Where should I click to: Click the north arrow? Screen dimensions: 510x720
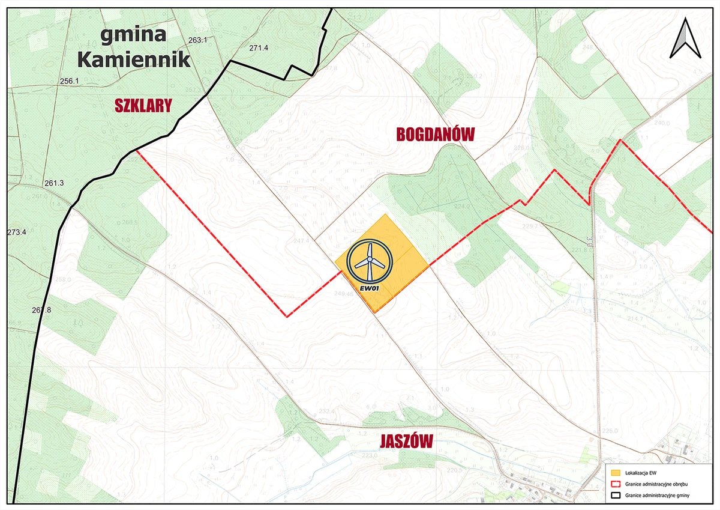pos(686,38)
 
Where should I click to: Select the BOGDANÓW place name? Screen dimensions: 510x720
pos(435,135)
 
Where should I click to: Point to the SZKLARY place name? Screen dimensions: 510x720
pos(143,106)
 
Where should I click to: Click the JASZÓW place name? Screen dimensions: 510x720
pos(406,442)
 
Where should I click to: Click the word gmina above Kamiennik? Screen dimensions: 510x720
pos(133,35)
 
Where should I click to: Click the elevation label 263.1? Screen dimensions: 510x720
pos(197,40)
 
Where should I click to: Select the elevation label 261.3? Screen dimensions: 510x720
pos(54,183)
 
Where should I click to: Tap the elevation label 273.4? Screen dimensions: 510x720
pos(17,232)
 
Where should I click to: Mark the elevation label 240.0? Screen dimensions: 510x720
pos(662,123)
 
